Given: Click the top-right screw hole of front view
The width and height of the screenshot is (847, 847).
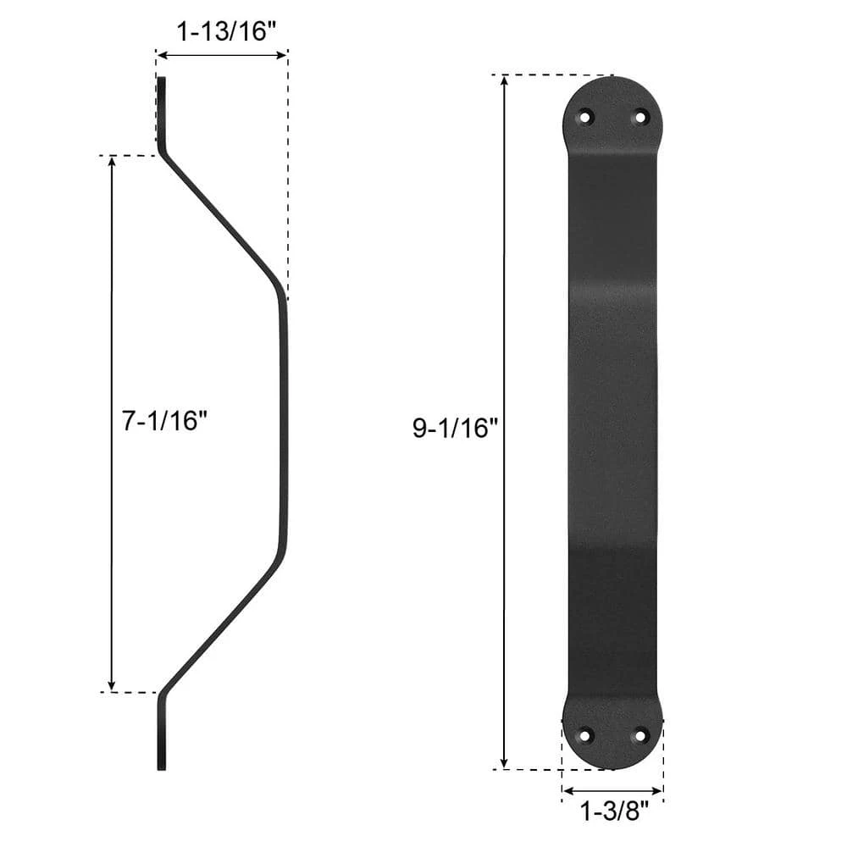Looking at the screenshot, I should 640,117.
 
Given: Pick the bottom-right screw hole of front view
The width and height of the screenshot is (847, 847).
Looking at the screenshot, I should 640,734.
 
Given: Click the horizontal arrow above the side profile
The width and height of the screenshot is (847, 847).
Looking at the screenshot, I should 222,55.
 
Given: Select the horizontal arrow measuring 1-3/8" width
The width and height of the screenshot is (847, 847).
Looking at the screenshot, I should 612,794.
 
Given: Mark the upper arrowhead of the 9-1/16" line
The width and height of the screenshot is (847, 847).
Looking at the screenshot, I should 505,81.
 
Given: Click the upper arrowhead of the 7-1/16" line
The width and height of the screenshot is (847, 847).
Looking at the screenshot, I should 113,162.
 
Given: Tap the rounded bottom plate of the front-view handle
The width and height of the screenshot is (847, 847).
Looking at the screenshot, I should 612,734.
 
